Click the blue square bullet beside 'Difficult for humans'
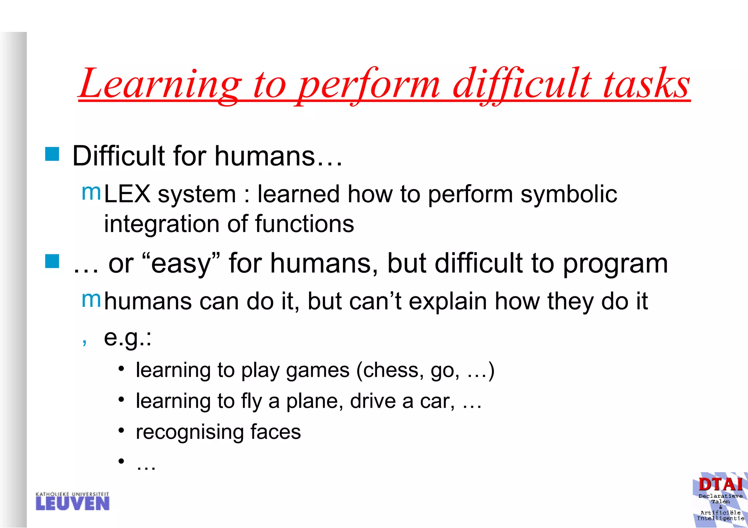[x=52, y=154]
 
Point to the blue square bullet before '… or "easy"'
[x=52, y=261]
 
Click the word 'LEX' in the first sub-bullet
[x=127, y=194]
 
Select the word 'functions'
[x=304, y=224]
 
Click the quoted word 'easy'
[x=181, y=264]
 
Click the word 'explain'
[x=448, y=302]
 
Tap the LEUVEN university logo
[x=73, y=501]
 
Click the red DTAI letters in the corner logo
[x=721, y=485]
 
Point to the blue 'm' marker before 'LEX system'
[x=91, y=192]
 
